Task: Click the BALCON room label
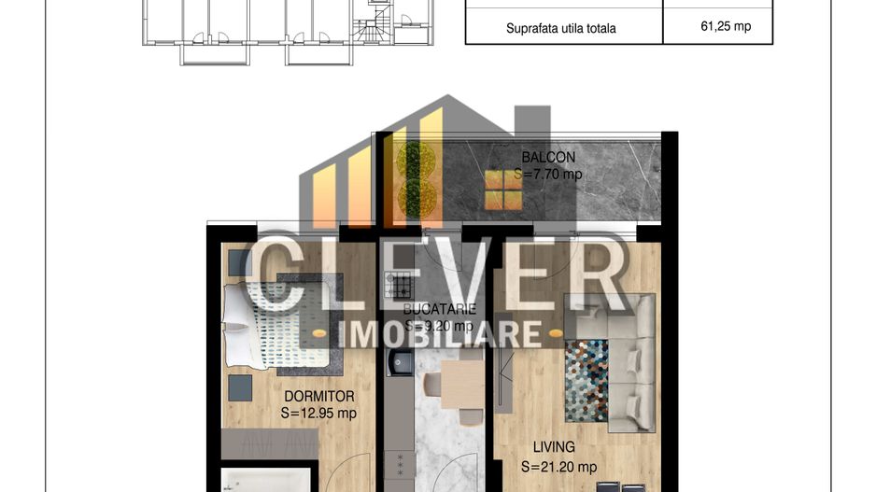(548, 157)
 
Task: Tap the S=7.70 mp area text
(548, 174)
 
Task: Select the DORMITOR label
(319, 396)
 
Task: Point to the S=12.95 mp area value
(318, 413)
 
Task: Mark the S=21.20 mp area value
(558, 467)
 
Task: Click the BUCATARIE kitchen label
(440, 309)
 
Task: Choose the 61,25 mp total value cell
(725, 27)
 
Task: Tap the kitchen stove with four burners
(399, 284)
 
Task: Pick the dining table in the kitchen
(461, 384)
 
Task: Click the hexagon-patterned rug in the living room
(586, 379)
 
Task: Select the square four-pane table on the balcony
(503, 190)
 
